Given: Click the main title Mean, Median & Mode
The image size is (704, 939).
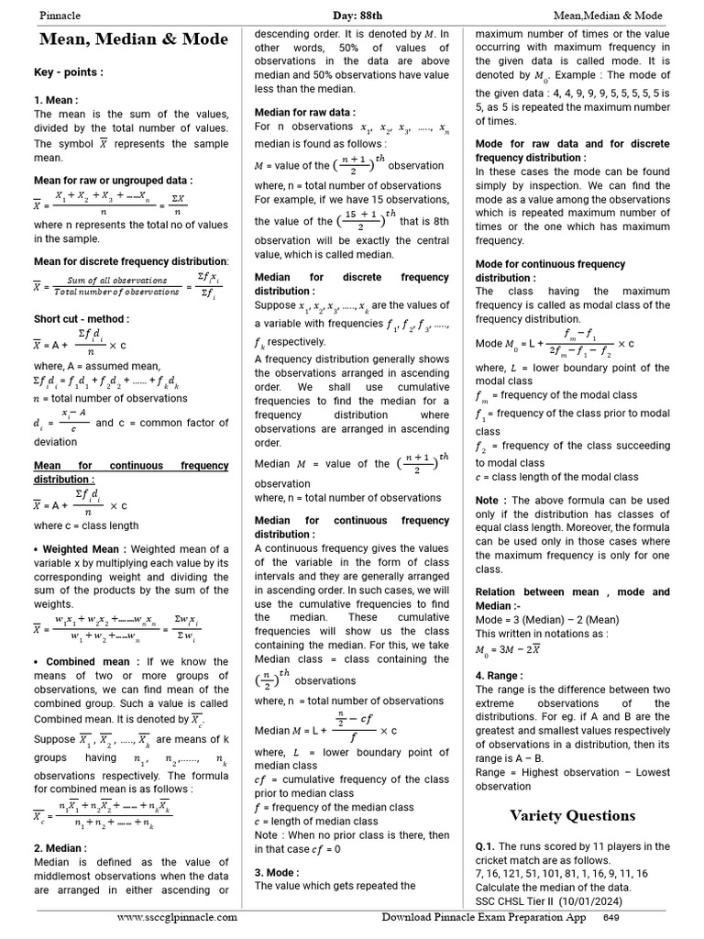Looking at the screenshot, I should click(132, 41).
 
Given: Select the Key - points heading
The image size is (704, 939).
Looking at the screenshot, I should click(69, 72).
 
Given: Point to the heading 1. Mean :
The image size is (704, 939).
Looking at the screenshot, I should click(56, 100).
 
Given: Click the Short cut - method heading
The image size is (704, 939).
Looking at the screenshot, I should click(82, 319).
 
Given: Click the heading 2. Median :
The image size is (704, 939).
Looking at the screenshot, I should click(60, 848).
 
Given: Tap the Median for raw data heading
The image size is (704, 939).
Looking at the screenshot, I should click(304, 112).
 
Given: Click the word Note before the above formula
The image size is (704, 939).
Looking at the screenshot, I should click(487, 500).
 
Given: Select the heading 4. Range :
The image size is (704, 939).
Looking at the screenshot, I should click(500, 676).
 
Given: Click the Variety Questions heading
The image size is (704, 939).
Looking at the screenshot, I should click(572, 815).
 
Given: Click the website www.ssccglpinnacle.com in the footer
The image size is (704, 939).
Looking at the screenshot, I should click(177, 917).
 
